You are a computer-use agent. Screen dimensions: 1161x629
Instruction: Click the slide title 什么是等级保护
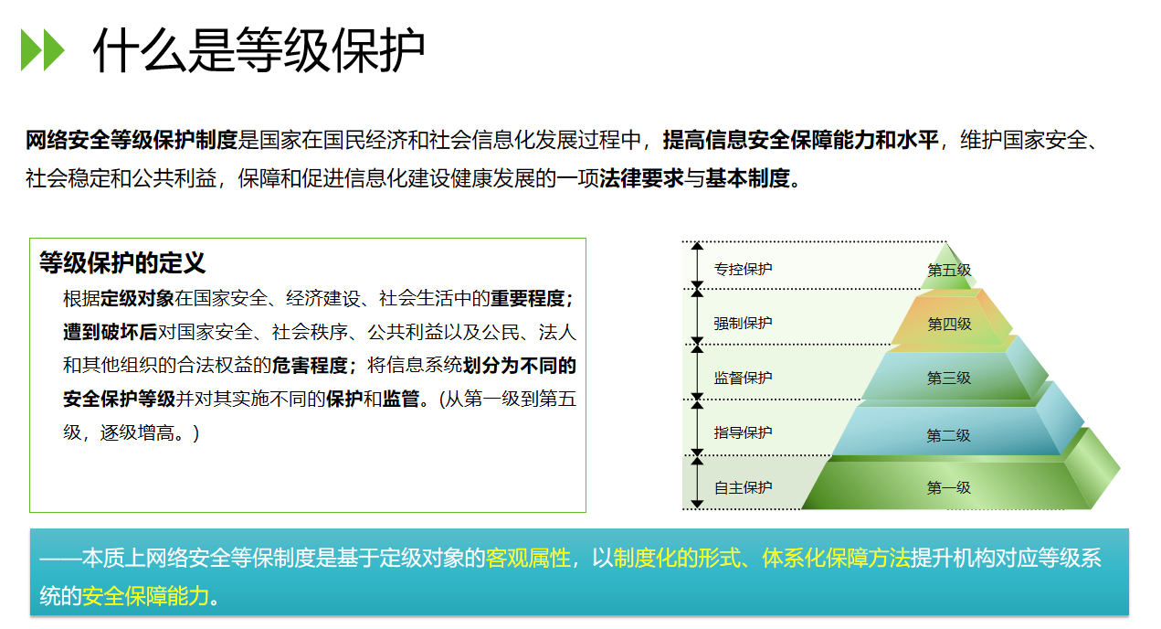point(259,50)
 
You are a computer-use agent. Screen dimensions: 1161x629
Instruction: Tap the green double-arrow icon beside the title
point(43,49)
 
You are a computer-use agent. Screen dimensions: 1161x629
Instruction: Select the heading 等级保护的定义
point(122,262)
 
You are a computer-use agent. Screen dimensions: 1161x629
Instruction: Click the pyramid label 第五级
point(949,270)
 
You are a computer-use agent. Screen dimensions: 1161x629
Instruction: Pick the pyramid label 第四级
point(949,324)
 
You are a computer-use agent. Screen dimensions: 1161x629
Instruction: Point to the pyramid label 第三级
point(949,378)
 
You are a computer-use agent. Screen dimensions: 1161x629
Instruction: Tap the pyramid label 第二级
point(948,435)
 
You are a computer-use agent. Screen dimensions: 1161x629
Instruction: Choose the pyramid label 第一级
point(948,487)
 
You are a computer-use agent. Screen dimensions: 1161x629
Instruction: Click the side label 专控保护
point(743,269)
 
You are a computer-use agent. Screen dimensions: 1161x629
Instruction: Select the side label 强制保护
point(743,323)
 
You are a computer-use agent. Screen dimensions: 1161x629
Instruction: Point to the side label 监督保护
point(743,378)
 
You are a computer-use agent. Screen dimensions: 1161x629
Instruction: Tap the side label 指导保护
point(743,432)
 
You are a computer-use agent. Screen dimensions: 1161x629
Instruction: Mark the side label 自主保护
point(743,487)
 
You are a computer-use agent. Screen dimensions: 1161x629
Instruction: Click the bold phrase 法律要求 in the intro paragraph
point(641,178)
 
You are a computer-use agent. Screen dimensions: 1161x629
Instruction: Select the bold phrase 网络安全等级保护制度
point(132,140)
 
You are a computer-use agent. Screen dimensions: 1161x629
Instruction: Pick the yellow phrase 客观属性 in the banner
point(528,558)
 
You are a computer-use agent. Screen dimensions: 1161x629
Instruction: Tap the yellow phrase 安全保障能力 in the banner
point(145,596)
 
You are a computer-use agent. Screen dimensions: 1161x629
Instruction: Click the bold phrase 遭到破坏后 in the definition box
point(111,332)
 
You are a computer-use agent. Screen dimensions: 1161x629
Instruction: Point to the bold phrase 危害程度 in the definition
point(310,366)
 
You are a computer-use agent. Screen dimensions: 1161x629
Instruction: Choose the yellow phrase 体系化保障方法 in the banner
point(836,558)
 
